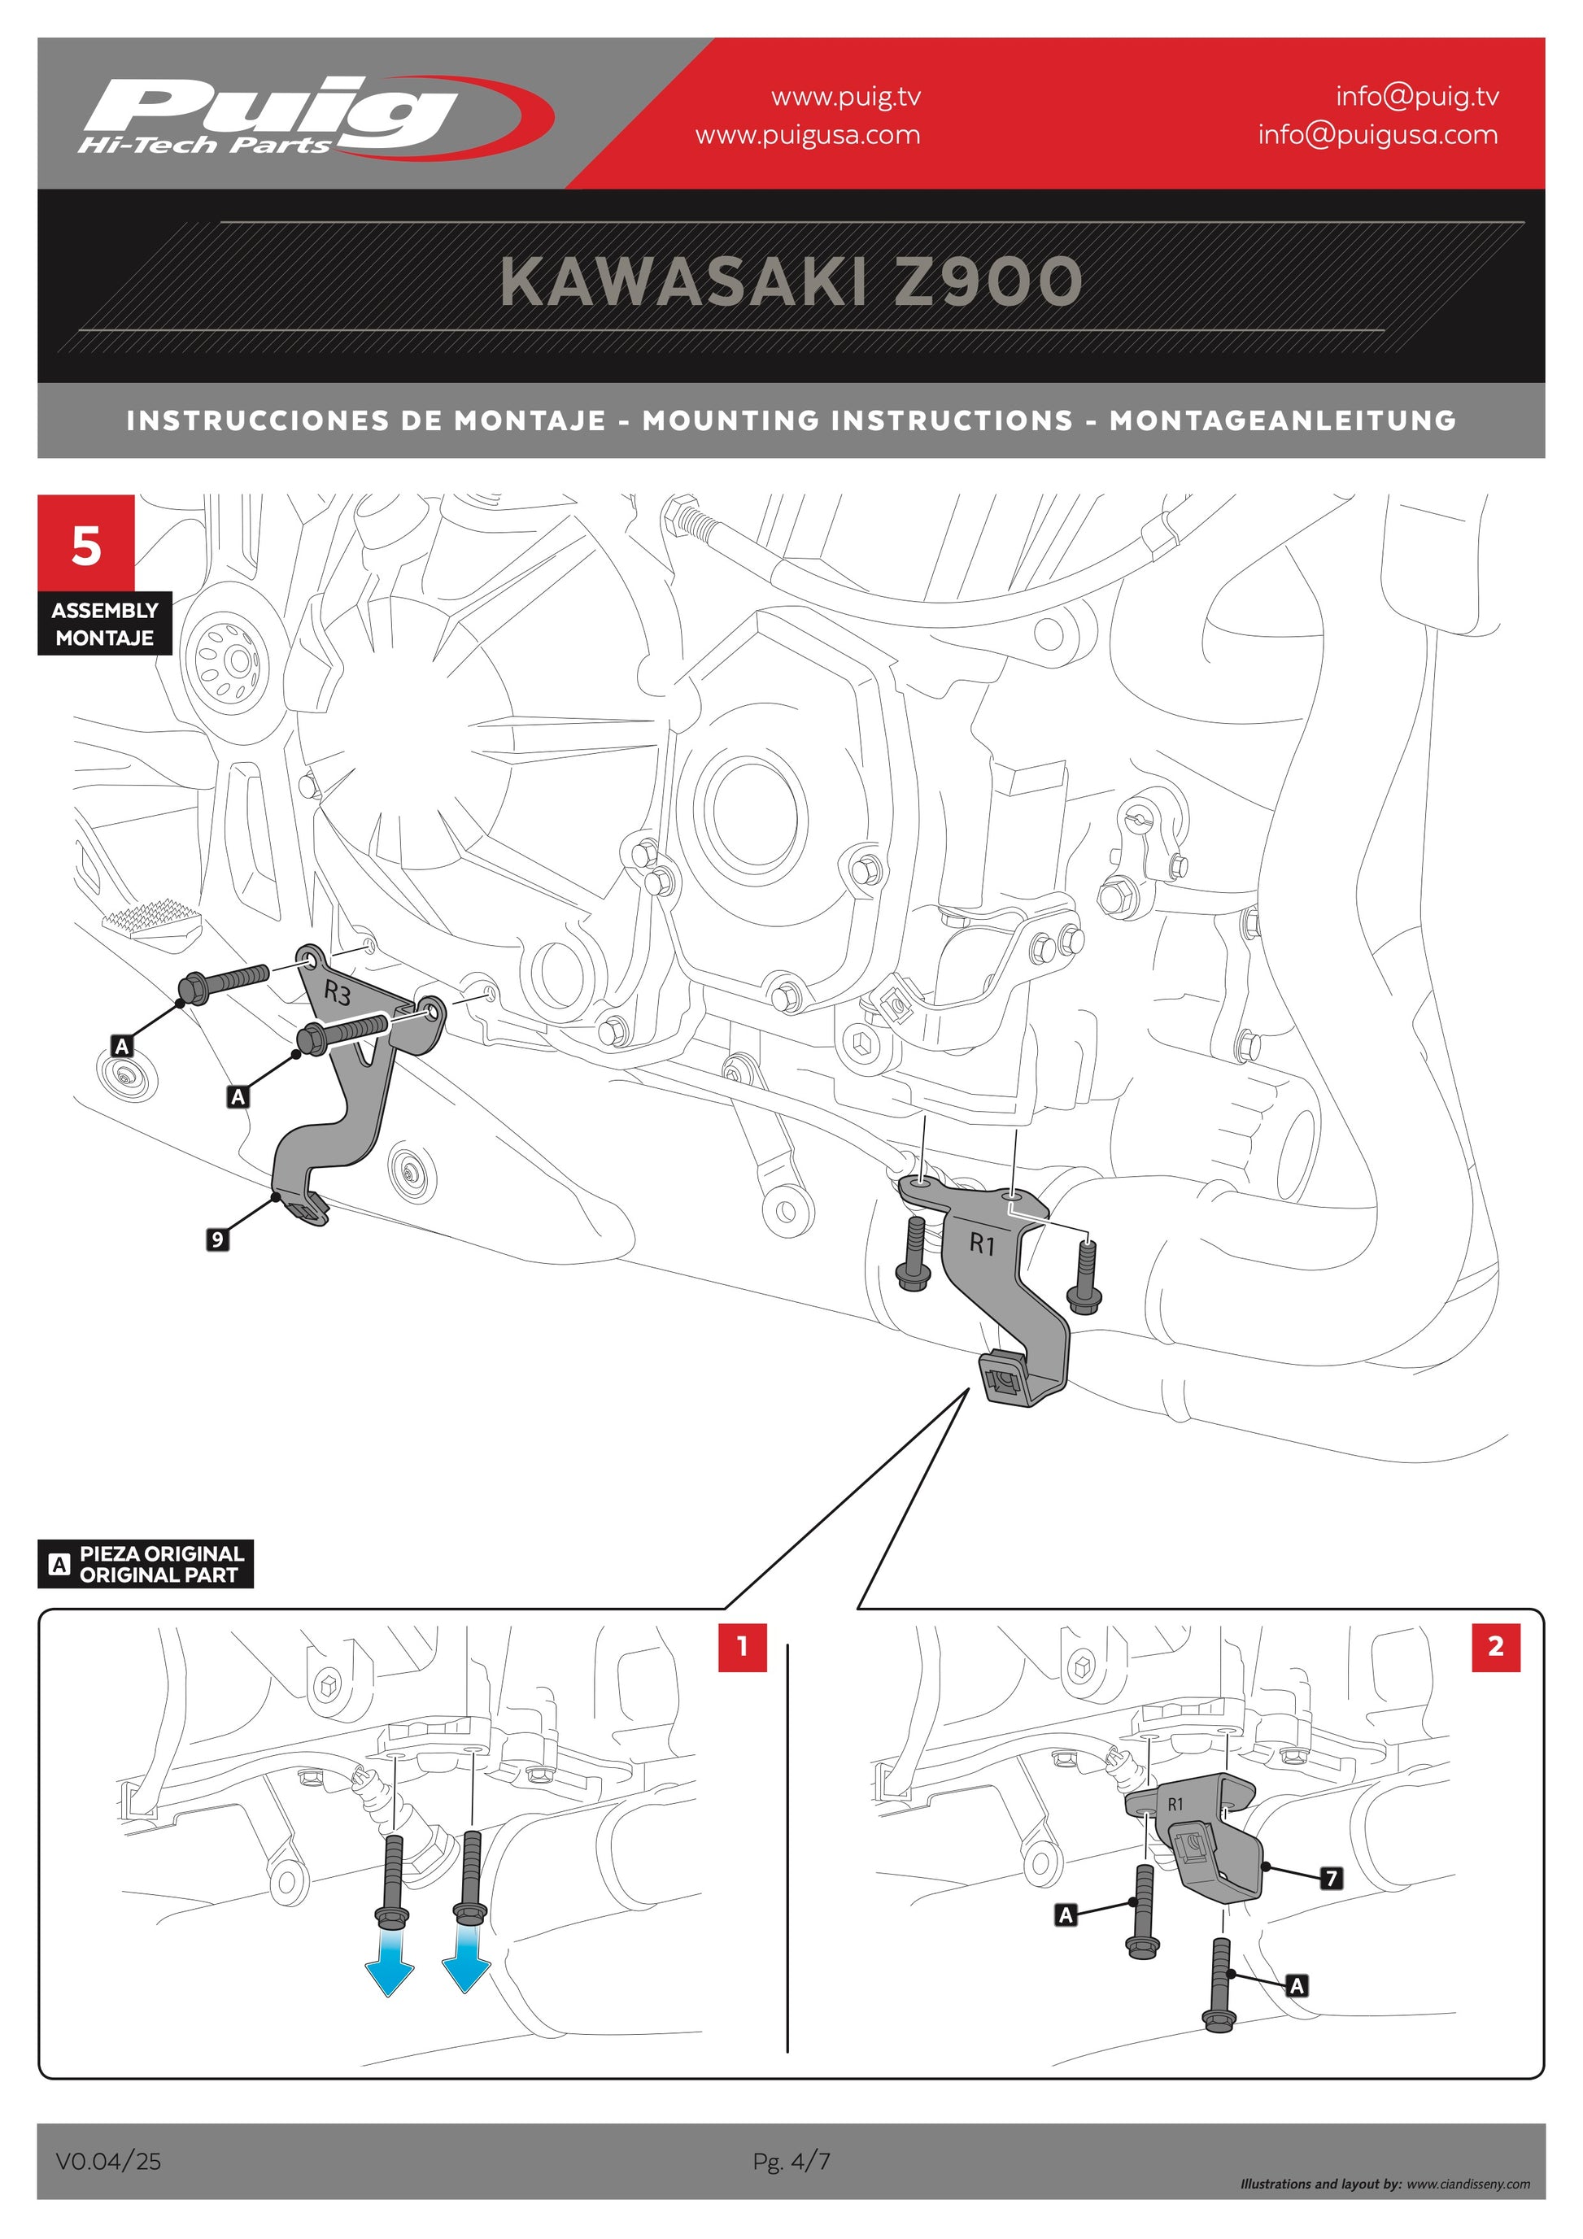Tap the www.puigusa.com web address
(x=807, y=134)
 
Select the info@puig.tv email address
(x=1416, y=96)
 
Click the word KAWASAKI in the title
(x=682, y=283)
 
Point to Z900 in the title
(x=987, y=283)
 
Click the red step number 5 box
(x=86, y=544)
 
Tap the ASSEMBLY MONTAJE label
(x=104, y=623)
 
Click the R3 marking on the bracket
(x=338, y=994)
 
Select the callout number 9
(x=217, y=1239)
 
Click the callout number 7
(x=1330, y=1877)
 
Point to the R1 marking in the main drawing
(x=981, y=1245)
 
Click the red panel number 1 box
(x=741, y=1647)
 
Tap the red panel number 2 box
(x=1494, y=1647)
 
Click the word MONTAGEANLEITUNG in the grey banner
(x=1282, y=420)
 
